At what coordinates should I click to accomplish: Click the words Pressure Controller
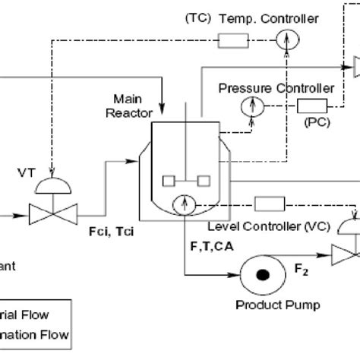pos(265,87)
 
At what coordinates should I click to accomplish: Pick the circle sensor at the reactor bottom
pos(183,204)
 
